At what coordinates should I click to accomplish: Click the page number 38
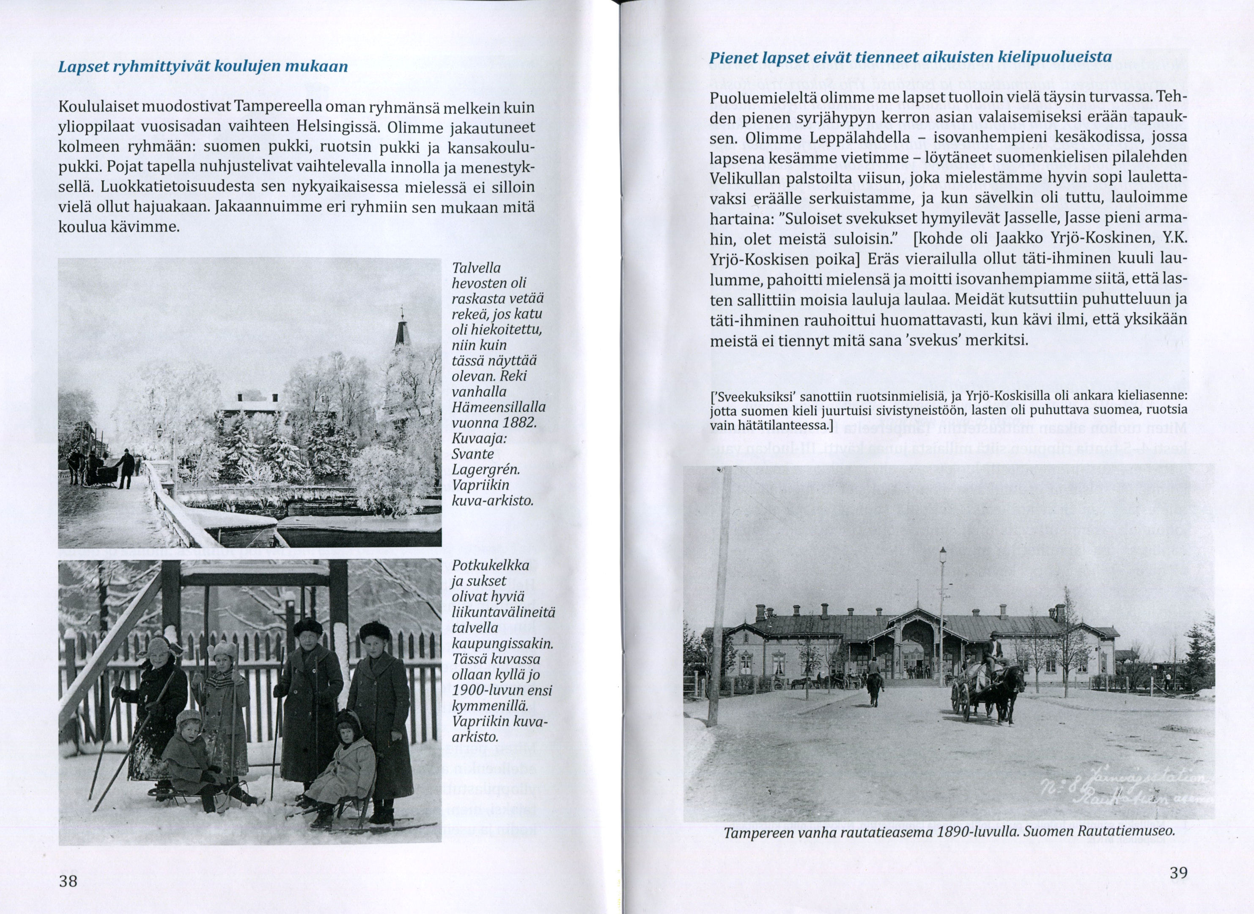(69, 881)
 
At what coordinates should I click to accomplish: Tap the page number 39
(1178, 873)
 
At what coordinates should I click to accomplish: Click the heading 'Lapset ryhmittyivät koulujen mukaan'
(203, 66)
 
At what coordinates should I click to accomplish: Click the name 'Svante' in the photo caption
(473, 454)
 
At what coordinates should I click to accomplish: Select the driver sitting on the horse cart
(993, 655)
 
